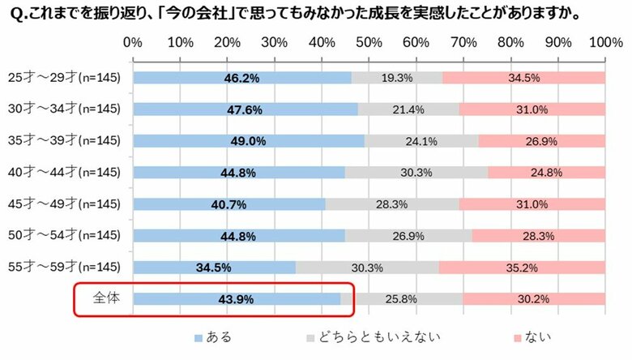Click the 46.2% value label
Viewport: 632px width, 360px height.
(x=241, y=78)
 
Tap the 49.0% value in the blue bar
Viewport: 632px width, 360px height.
(x=249, y=141)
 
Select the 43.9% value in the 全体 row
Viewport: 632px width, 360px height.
(x=236, y=299)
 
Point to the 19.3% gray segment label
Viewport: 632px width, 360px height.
(x=397, y=78)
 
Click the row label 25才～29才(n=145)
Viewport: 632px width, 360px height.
(x=65, y=78)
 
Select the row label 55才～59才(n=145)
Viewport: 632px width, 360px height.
(x=65, y=267)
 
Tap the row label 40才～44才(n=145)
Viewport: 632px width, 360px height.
(x=65, y=172)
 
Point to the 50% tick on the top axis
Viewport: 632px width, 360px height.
(x=369, y=41)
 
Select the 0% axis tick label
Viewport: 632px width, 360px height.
(x=133, y=41)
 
